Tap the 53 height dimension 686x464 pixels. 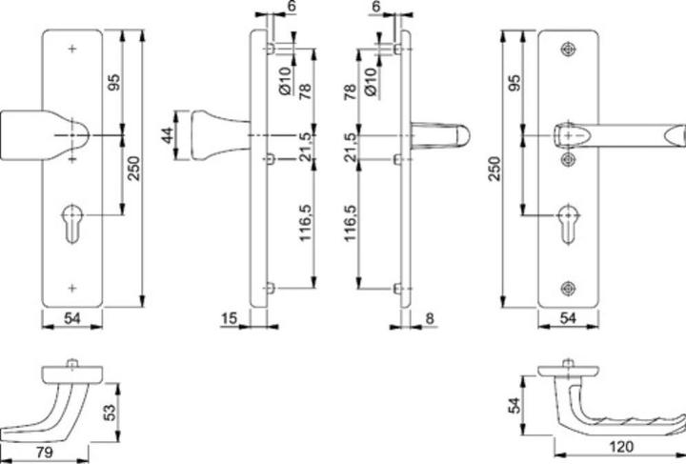(110, 411)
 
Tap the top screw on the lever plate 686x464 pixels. (570, 48)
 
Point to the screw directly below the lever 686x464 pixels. (570, 159)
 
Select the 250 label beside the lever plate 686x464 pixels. (493, 170)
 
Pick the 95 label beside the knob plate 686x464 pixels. (114, 84)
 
